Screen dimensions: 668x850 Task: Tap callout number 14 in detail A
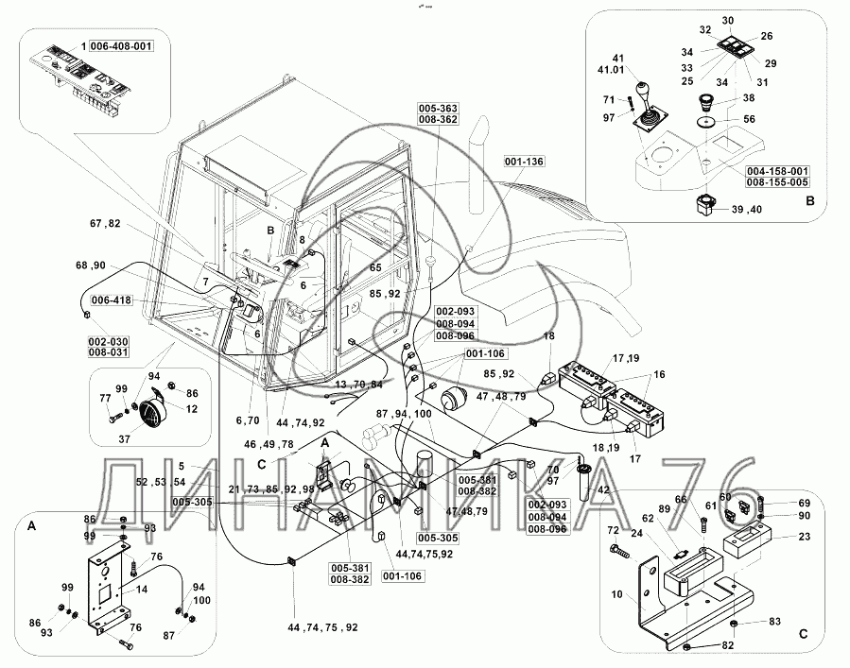[x=143, y=588]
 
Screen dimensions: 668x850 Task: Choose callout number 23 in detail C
[x=804, y=537]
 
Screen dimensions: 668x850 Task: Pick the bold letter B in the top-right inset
[x=810, y=200]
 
